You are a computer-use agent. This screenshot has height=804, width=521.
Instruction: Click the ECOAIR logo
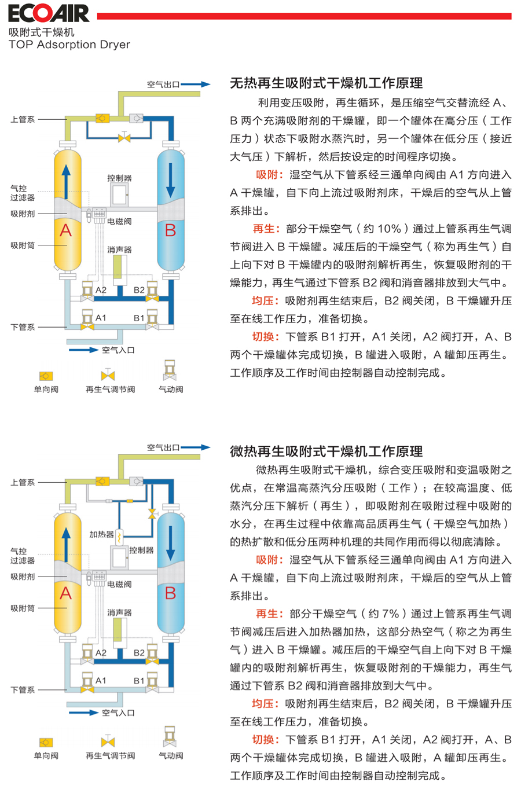(x=49, y=13)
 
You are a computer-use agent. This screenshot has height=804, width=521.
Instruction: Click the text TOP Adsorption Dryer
(x=69, y=45)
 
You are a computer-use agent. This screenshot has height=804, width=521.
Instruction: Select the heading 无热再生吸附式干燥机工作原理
(x=326, y=83)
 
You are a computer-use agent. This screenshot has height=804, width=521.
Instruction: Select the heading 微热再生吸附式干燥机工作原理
(x=326, y=451)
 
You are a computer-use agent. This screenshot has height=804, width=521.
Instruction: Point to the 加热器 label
(x=101, y=534)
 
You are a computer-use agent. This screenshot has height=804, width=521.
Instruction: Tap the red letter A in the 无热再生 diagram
(x=66, y=230)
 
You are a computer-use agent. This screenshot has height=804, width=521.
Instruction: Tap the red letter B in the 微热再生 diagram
(x=170, y=593)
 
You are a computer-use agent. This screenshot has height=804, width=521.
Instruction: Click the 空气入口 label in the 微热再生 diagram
(x=118, y=713)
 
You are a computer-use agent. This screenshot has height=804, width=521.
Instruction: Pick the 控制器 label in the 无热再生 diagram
(x=119, y=178)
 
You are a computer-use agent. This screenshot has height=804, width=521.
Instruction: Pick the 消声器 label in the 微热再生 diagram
(x=119, y=612)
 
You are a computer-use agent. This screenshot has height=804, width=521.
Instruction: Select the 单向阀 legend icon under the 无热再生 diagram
(x=46, y=376)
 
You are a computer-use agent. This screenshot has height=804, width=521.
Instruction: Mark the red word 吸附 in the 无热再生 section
(x=267, y=175)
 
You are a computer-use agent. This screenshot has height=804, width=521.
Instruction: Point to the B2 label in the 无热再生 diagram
(x=139, y=290)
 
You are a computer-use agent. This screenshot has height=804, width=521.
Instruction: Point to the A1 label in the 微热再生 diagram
(x=101, y=681)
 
